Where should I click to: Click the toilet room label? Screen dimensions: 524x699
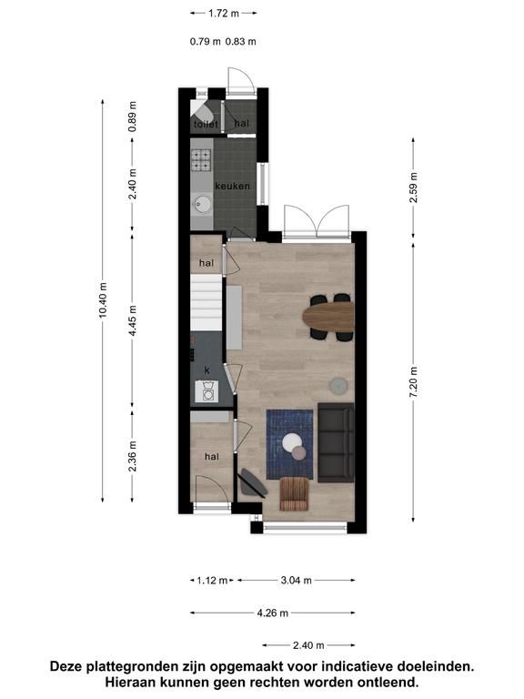(206, 125)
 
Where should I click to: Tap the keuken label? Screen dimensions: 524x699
(232, 186)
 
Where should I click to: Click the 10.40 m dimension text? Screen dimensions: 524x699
(103, 300)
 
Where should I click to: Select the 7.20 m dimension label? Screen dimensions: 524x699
(414, 382)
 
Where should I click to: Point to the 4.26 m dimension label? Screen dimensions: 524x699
(272, 613)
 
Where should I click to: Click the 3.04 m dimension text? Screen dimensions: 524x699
(297, 581)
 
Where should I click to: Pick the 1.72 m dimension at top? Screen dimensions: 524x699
(224, 14)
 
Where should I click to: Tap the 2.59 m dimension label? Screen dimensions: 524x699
(414, 187)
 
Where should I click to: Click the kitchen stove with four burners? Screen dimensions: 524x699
(201, 160)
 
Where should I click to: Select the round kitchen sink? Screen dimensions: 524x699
(202, 205)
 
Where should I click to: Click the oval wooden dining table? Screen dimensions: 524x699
(328, 317)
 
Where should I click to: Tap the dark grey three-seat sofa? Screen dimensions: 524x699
(336, 443)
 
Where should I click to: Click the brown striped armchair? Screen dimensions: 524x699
(295, 493)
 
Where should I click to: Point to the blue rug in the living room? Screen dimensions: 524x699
(289, 444)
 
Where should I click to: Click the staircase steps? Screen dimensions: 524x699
(207, 302)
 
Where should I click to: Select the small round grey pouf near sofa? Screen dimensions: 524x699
(339, 386)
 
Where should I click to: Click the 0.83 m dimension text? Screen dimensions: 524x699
(240, 42)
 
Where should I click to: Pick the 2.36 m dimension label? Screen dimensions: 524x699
(132, 456)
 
